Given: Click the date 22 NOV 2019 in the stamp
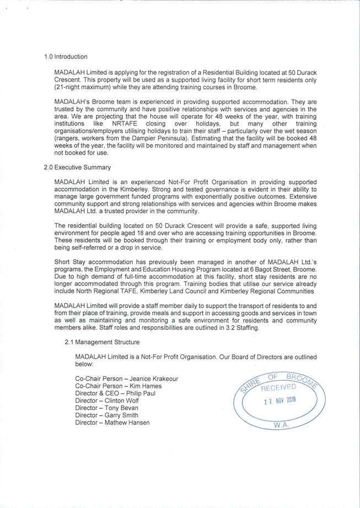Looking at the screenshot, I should [x=280, y=401].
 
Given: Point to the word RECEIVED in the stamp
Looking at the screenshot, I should [x=279, y=387].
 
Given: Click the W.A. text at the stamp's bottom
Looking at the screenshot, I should [x=282, y=425].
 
